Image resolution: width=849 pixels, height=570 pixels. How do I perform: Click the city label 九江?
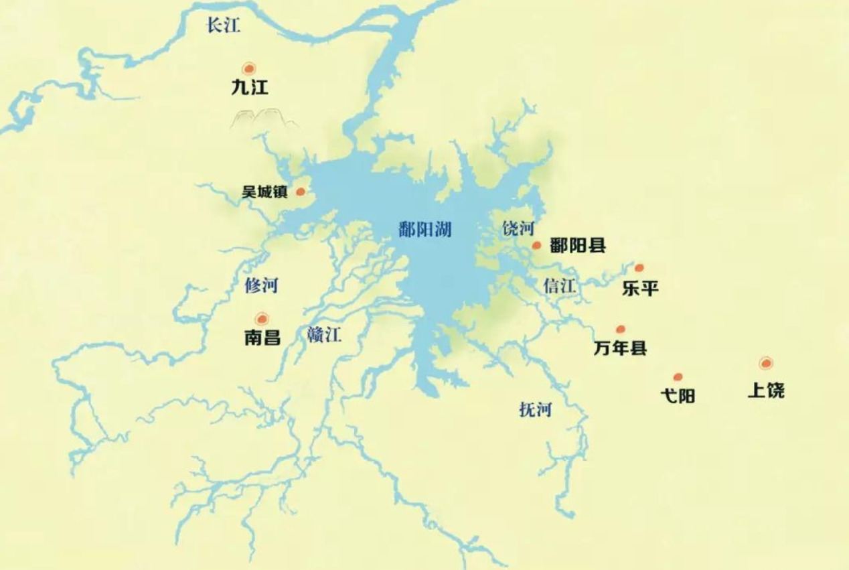pos(249,88)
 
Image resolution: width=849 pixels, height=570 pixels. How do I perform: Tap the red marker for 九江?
pos(249,68)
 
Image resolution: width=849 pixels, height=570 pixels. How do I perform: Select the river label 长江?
pos(224,26)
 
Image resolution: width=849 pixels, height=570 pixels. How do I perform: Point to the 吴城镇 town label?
pos(264,192)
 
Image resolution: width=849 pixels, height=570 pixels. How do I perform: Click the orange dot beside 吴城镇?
pos(301,192)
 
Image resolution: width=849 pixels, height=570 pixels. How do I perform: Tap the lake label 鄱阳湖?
pos(424,230)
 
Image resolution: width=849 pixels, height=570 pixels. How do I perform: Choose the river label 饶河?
pos(518,229)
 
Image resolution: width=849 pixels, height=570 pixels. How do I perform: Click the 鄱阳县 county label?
pos(578,246)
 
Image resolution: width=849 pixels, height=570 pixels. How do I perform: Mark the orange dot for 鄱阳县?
pos(536,246)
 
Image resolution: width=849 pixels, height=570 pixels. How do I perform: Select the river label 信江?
pos(560,286)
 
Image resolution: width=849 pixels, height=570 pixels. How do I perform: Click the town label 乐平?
pos(640,289)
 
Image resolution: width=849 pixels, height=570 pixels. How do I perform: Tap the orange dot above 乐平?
pos(639,268)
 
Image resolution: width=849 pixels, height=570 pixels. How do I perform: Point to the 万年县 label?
pos(620,348)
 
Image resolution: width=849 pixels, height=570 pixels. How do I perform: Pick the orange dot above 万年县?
pos(621,329)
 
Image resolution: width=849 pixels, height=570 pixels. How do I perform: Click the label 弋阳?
pos(678,397)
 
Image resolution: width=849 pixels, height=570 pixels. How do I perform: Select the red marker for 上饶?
pos(766,363)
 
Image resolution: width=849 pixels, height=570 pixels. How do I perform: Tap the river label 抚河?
pos(535,409)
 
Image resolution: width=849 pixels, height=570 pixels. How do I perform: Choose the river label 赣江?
pos(325,334)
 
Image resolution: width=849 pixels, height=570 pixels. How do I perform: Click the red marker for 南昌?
pos(262,319)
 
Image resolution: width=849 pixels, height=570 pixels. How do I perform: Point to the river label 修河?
pos(261,286)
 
